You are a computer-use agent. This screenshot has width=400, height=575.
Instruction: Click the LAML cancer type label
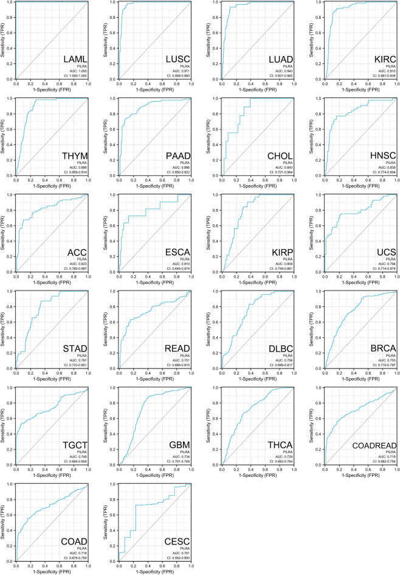(75, 60)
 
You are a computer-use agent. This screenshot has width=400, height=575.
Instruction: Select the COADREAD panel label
(370, 445)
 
